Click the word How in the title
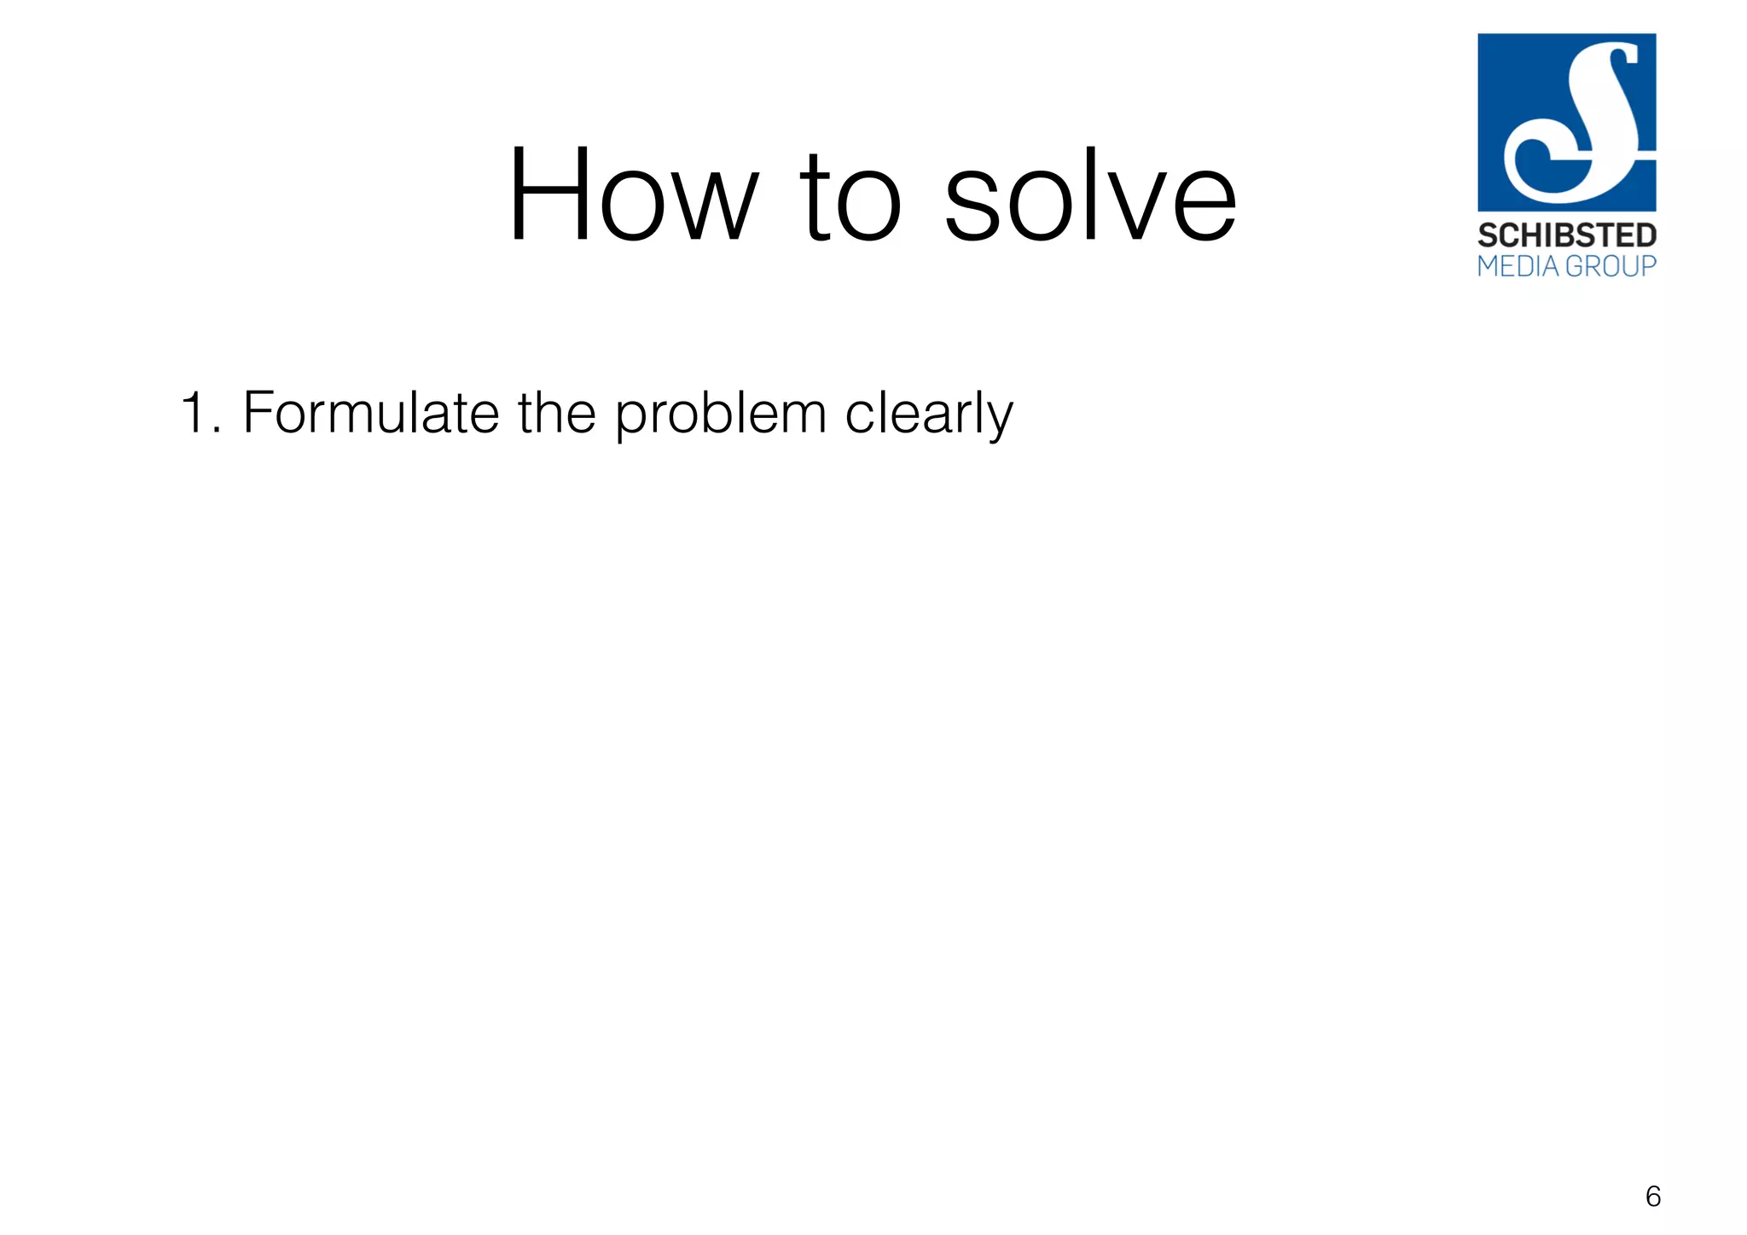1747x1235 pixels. [632, 195]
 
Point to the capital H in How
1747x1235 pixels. [550, 195]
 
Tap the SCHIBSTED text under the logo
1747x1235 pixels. [1566, 235]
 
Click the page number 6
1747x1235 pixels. [1652, 1197]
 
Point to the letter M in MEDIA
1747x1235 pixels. [1489, 266]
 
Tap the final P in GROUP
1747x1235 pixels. [1647, 266]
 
